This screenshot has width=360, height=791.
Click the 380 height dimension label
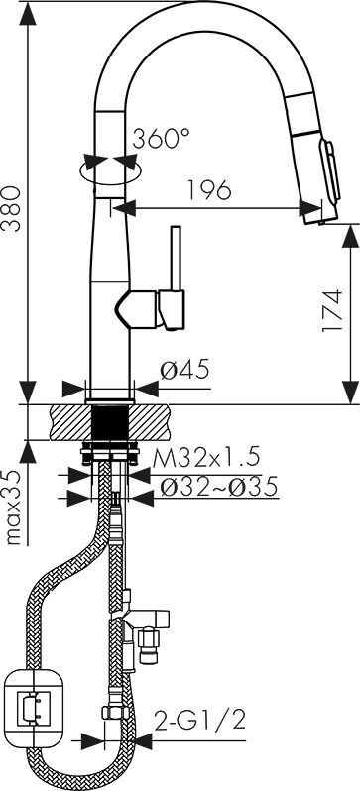(12, 208)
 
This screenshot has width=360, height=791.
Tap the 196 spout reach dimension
(209, 189)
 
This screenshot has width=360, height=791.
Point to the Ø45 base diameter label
(184, 371)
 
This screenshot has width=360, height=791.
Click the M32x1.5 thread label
(206, 458)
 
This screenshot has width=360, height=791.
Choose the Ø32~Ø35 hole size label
(218, 487)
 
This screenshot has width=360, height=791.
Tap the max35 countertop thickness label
(14, 507)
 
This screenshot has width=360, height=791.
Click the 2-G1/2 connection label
(201, 721)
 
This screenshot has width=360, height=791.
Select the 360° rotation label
(161, 138)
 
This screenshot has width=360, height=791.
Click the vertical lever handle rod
(176, 259)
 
